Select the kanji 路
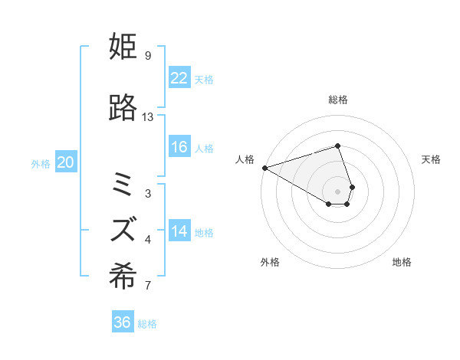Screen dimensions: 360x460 (123, 108)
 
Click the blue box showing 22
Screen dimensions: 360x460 (179, 78)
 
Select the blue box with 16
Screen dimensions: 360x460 (179, 148)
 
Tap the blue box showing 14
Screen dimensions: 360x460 (179, 232)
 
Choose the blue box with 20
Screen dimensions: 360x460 (66, 162)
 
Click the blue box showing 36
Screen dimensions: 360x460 (123, 322)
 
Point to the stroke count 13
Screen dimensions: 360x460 (148, 117)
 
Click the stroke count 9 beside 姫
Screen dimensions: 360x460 (147, 56)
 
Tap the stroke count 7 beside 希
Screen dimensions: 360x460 (147, 286)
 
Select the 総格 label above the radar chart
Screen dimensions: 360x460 (338, 100)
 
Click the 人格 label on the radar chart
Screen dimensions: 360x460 (245, 159)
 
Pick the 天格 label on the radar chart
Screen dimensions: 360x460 (432, 159)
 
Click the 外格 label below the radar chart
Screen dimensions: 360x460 (270, 262)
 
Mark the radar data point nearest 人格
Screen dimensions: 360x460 (264, 168)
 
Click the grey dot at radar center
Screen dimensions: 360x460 (338, 190)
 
